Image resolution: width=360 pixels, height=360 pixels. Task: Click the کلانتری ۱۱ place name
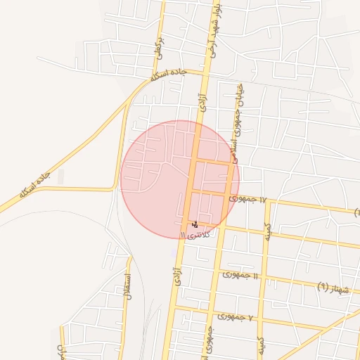click(195, 233)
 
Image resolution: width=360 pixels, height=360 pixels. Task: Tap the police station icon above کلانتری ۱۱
click(195, 224)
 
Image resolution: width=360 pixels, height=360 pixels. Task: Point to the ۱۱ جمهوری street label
click(240, 274)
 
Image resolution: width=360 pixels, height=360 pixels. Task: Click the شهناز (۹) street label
click(333, 286)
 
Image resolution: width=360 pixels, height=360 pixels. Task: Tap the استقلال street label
click(128, 289)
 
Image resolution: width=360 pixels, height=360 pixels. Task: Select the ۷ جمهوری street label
click(234, 317)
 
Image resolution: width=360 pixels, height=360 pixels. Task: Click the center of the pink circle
click(180, 179)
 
